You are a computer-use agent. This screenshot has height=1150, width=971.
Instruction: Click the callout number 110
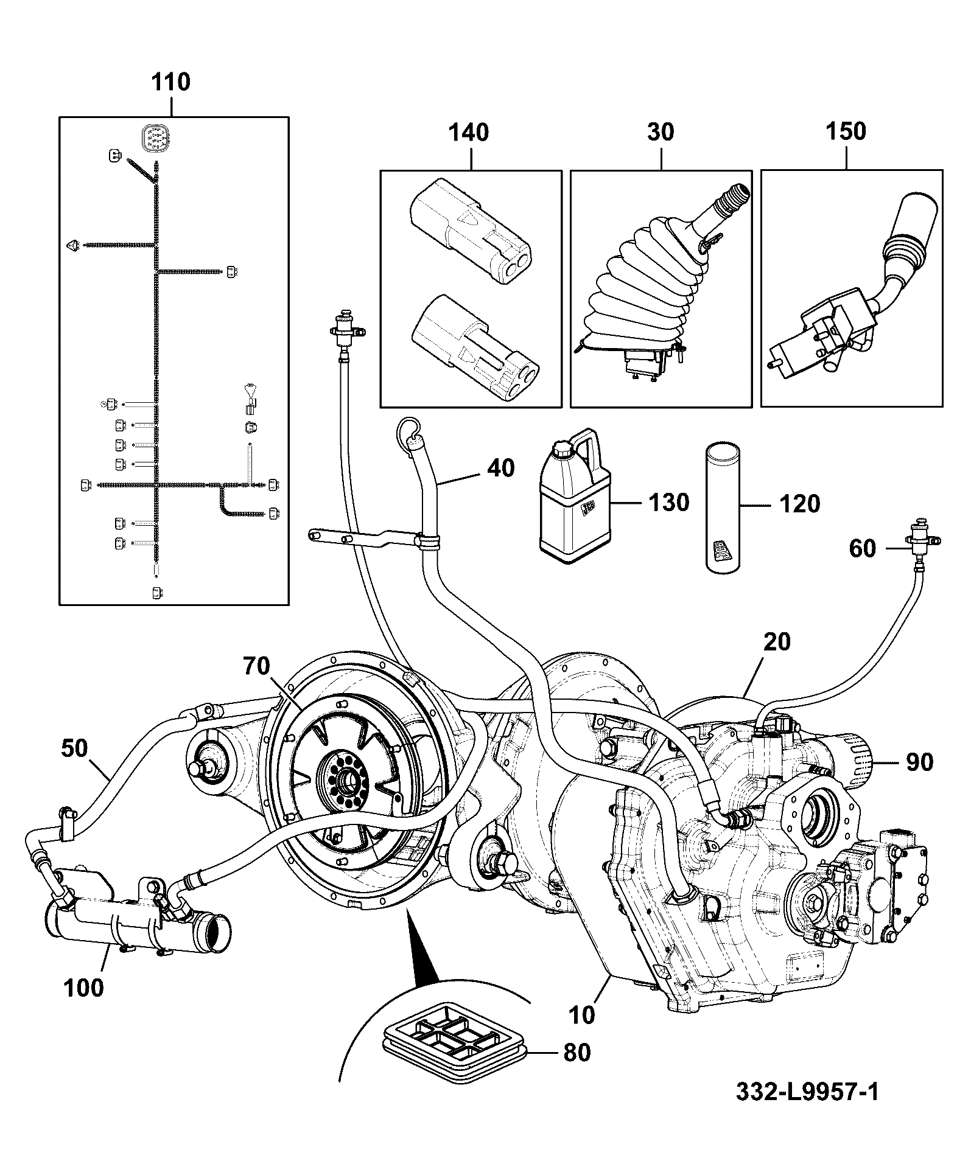pos(170,82)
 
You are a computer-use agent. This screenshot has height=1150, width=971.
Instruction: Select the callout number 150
pos(846,131)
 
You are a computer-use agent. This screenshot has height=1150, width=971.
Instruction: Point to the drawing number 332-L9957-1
pos(807,1092)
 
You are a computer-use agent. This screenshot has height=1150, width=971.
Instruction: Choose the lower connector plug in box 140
pos(475,344)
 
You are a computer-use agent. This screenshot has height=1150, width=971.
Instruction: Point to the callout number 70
pos(256,666)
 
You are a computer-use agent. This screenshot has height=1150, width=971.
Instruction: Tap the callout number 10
pos(584,1014)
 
